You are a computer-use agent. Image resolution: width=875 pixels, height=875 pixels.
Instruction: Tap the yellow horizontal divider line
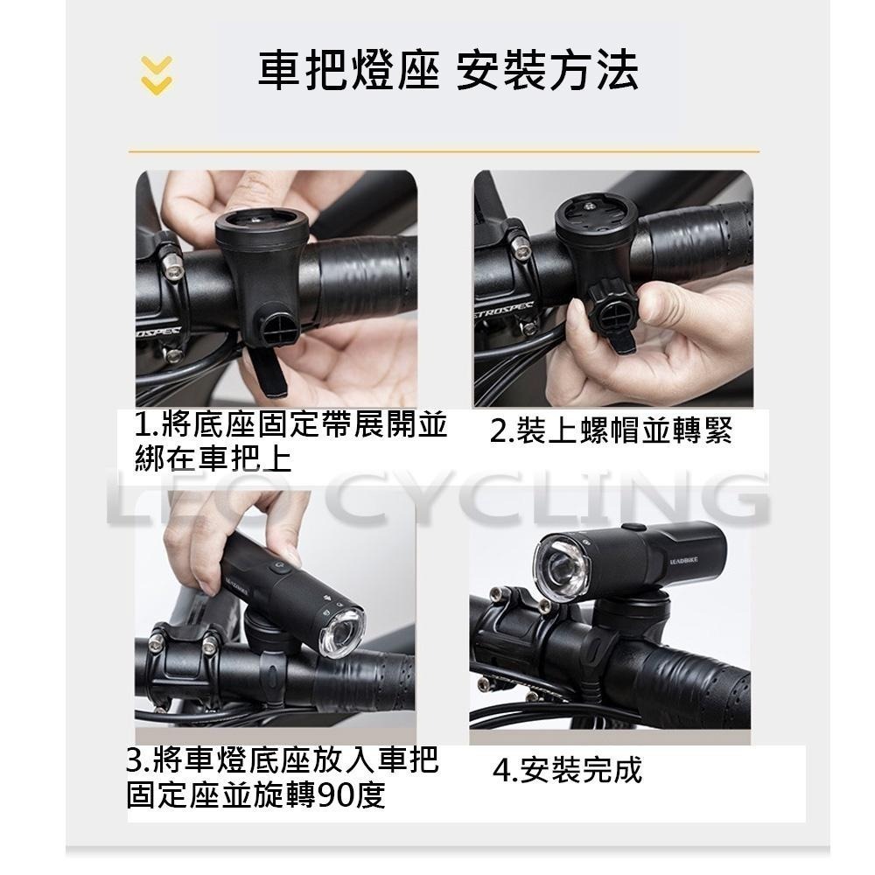(444, 151)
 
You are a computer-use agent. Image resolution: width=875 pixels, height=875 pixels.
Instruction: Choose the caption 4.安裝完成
(567, 770)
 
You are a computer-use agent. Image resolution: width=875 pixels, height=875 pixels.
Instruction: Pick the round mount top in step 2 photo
(596, 217)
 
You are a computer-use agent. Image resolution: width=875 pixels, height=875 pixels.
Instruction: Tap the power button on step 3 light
(280, 566)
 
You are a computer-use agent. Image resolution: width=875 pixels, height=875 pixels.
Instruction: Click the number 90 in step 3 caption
(333, 795)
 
